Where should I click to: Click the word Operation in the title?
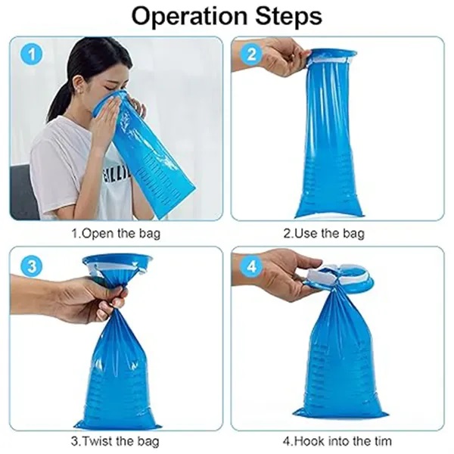190,16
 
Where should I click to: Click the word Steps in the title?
288,17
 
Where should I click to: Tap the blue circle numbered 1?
31,54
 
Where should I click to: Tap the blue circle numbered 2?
252,54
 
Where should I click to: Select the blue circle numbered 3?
31,266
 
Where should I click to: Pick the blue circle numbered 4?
252,266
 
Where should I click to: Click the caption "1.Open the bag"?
116,233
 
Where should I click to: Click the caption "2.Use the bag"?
324,233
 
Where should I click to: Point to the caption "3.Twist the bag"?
115,441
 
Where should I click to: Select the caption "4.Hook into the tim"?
337,441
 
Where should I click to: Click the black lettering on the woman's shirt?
116,175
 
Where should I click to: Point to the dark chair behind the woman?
23,192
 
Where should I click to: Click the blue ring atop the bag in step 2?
332,56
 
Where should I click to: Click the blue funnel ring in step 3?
117,263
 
